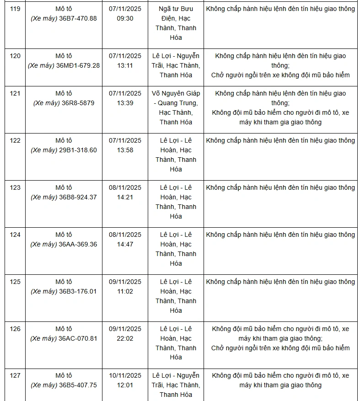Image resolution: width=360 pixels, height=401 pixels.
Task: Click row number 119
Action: (15, 9)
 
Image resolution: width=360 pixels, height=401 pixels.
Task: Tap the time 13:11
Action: (125, 65)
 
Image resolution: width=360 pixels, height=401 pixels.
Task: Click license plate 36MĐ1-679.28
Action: (79, 65)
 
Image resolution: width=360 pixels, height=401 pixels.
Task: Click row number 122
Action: (15, 140)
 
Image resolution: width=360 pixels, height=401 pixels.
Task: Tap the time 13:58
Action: (125, 150)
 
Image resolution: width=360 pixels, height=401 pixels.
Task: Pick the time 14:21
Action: (125, 197)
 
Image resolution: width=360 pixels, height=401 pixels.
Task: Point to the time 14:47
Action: (125, 244)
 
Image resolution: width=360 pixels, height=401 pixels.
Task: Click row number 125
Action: (15, 282)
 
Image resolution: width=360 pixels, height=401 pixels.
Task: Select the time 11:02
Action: (125, 291)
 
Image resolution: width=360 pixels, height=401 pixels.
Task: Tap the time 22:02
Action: (125, 338)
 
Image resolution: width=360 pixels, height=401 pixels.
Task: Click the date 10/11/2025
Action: (125, 375)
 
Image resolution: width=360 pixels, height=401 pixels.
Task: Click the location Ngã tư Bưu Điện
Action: (176, 14)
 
